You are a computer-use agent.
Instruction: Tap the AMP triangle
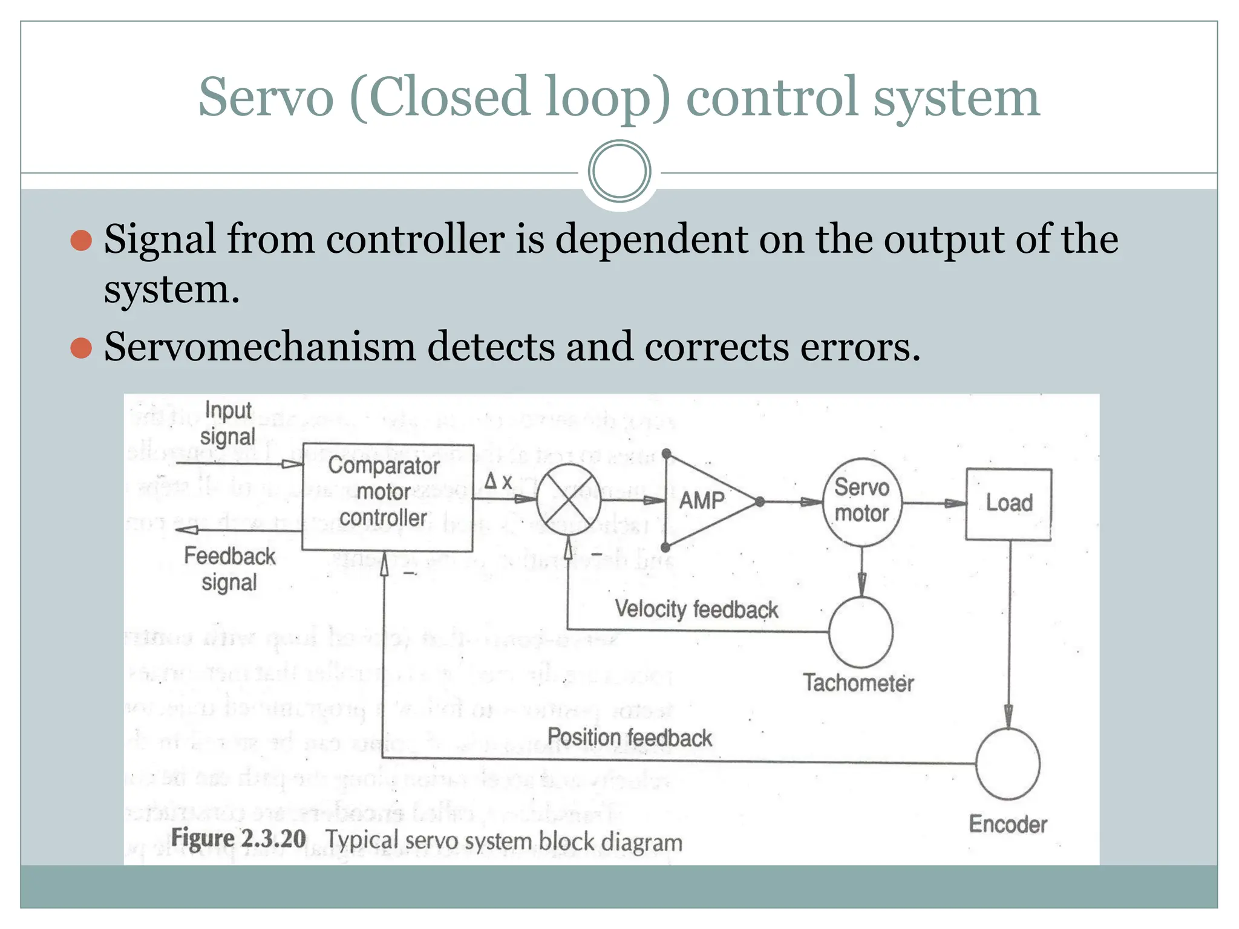[705, 501]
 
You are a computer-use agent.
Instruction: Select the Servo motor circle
[862, 501]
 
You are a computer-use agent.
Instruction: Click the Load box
[1009, 504]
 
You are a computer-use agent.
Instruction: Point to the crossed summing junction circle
[569, 500]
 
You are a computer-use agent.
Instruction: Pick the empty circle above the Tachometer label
[860, 632]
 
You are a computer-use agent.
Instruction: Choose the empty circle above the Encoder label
[1007, 763]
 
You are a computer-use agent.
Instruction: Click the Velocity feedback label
[696, 609]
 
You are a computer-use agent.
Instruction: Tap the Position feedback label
[629, 737]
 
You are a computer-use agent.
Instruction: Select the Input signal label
[228, 423]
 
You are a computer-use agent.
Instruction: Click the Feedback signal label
[229, 569]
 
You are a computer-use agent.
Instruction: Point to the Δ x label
[499, 481]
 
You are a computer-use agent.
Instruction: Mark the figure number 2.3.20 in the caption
[273, 839]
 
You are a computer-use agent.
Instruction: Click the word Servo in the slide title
[266, 97]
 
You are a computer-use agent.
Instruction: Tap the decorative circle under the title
[619, 171]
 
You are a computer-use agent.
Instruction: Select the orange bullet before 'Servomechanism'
[81, 348]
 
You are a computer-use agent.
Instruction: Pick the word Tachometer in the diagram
[858, 683]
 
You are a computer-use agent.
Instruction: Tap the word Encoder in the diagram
[1008, 824]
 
